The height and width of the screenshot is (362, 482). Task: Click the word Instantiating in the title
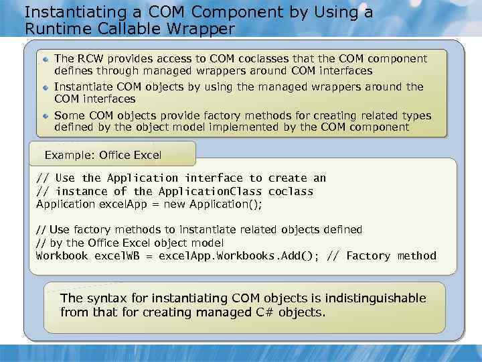75,13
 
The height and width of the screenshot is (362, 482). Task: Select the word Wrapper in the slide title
201,29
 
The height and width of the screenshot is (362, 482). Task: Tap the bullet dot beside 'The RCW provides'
46,59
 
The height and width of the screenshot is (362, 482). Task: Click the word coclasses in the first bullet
264,58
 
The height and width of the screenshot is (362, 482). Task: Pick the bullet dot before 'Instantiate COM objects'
46,88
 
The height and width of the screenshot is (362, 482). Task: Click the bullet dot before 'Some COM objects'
46,116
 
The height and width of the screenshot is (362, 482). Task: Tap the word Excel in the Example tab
147,155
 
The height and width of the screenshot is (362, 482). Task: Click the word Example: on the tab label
70,155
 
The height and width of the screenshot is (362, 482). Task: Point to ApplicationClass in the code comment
210,191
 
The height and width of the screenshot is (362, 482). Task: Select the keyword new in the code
175,204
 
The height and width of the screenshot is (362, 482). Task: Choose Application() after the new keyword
226,204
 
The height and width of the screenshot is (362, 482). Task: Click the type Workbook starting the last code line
62,255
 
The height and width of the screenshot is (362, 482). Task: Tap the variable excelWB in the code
117,255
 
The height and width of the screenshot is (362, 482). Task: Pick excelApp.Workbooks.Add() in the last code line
238,256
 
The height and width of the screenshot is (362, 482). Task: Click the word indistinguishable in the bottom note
376,298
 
